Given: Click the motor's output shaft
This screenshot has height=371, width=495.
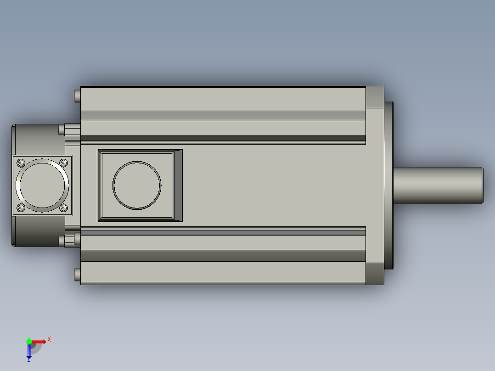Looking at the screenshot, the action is pyautogui.click(x=438, y=185).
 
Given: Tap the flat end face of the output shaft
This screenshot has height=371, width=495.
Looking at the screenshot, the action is pyautogui.click(x=482, y=185).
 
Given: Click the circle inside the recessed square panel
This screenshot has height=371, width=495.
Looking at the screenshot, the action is pyautogui.click(x=137, y=185).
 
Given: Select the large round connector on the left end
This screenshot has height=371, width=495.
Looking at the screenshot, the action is pyautogui.click(x=42, y=185).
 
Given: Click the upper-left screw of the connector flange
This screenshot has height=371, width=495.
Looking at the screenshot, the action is pyautogui.click(x=21, y=163).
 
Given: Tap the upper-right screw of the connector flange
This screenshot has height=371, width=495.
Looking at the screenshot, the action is pyautogui.click(x=63, y=163).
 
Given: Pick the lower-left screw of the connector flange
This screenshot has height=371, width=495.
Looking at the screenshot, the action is pyautogui.click(x=21, y=208).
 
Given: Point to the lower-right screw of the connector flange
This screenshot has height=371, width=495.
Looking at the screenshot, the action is pyautogui.click(x=63, y=208).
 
